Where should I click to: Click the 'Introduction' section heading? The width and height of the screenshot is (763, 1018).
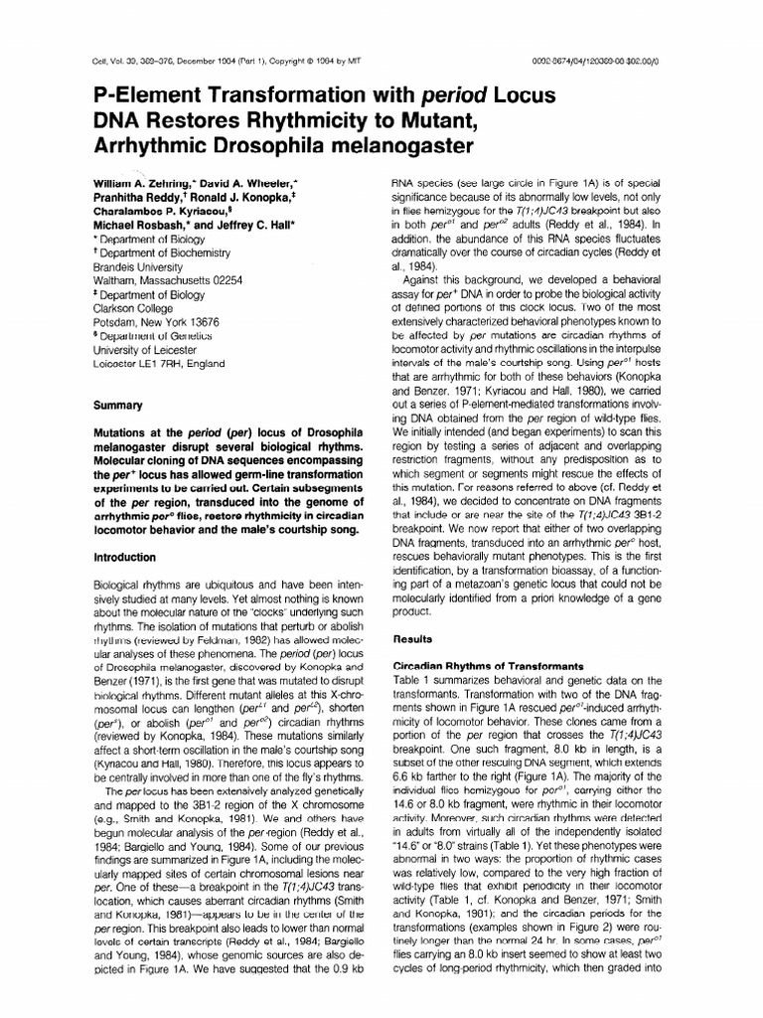[x=124, y=558]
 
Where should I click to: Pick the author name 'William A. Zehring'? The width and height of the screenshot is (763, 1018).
[x=143, y=184]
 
